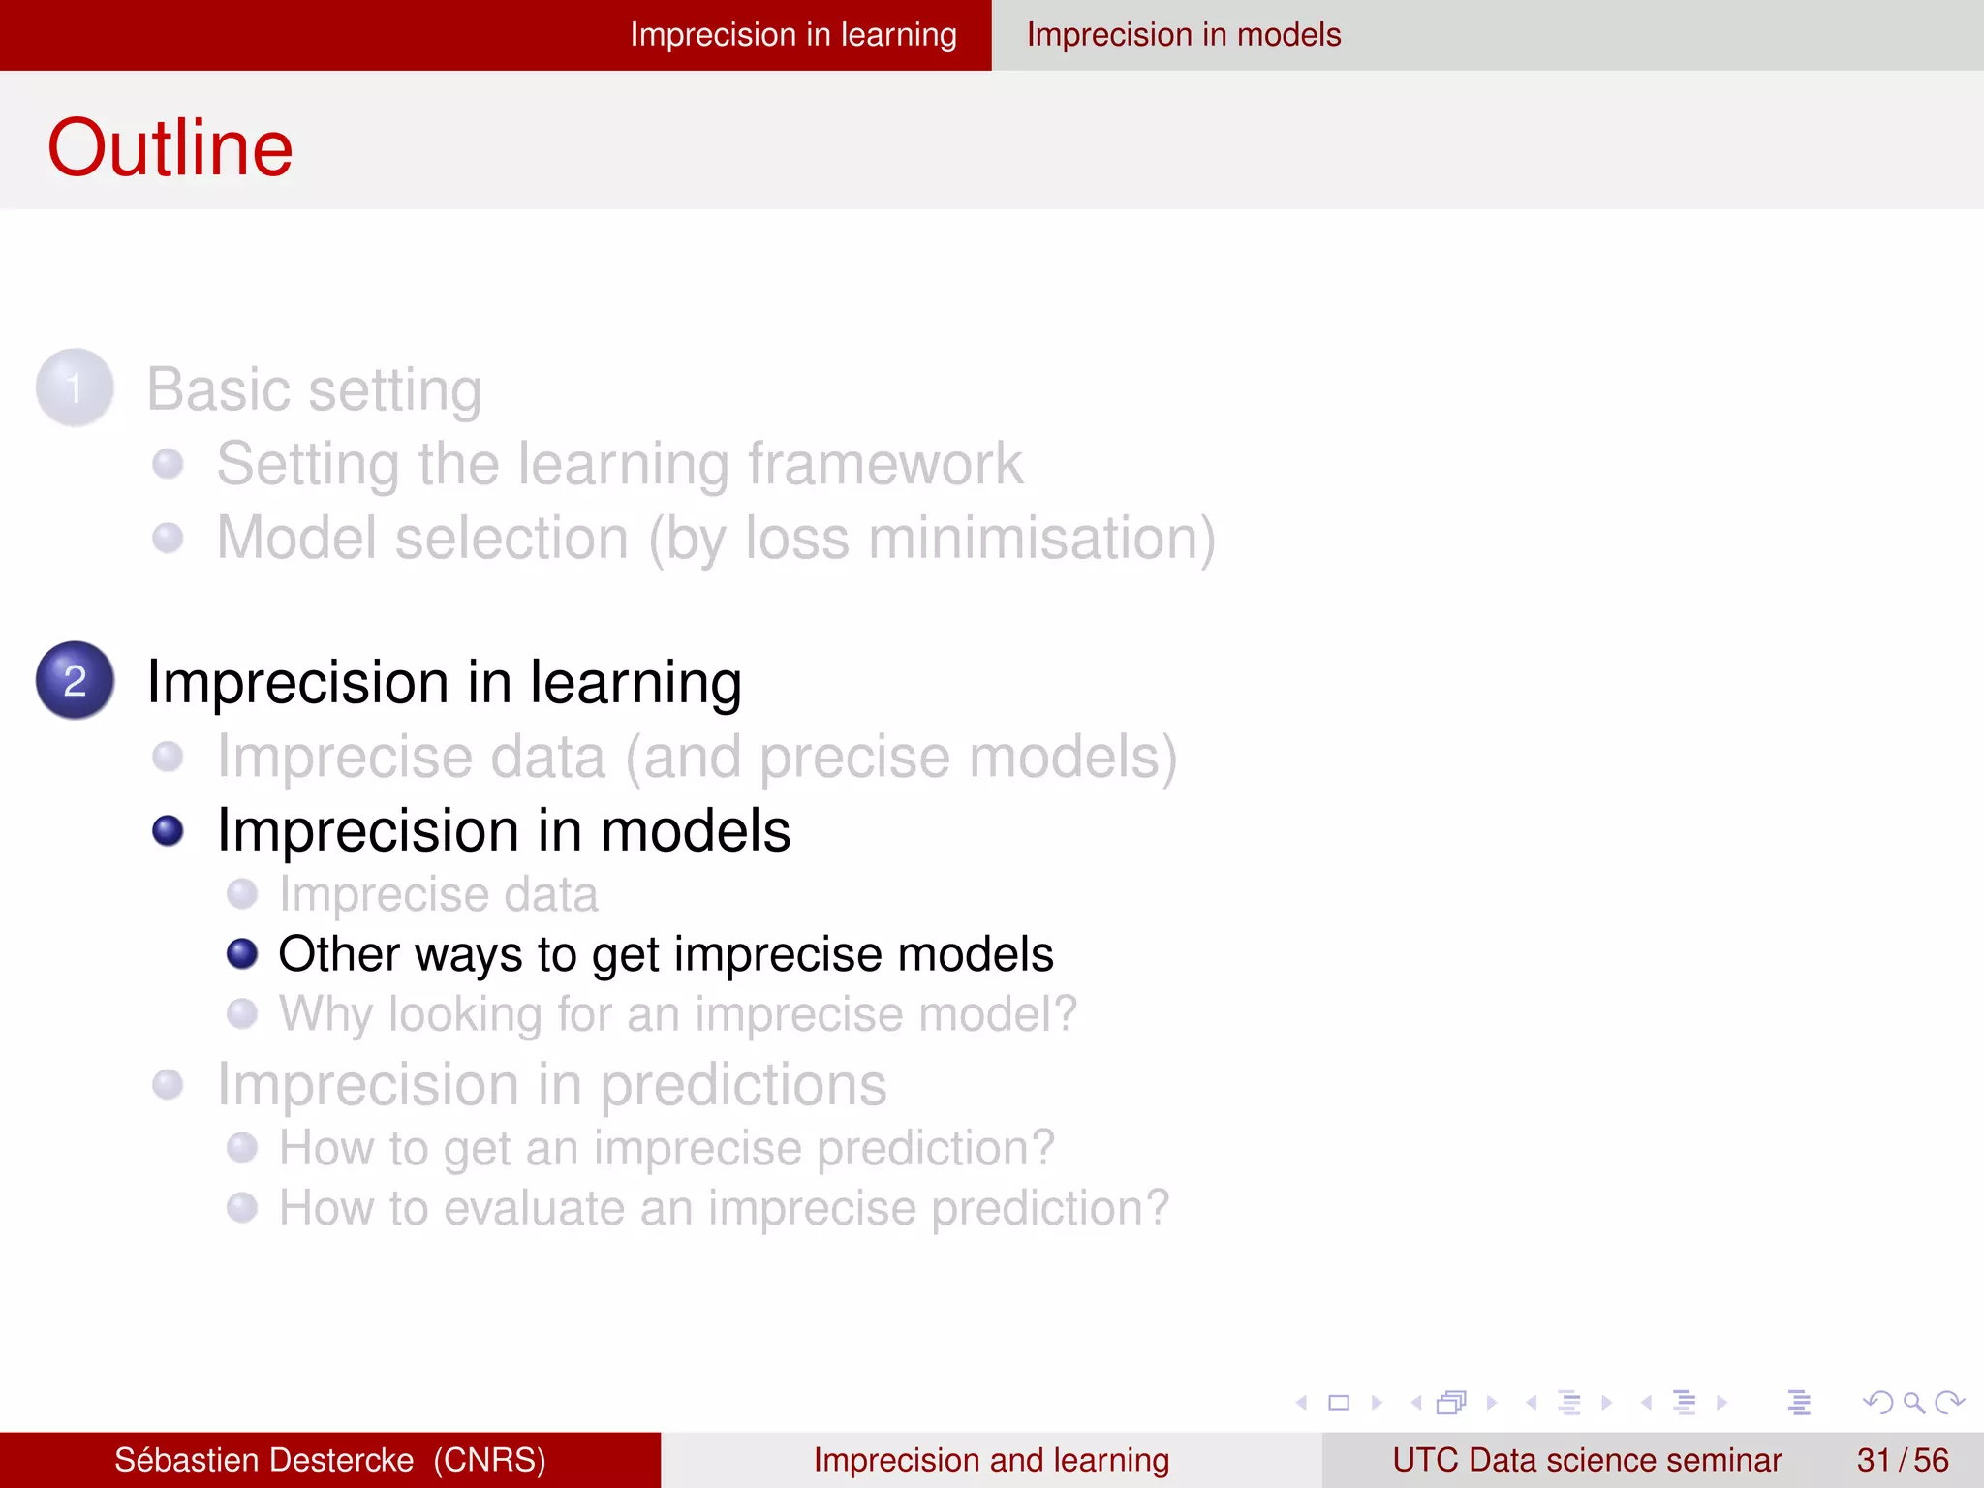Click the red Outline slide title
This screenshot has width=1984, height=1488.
[x=170, y=148]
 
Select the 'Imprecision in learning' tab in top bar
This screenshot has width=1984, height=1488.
[x=792, y=35]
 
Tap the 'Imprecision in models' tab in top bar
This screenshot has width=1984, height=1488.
[x=1183, y=35]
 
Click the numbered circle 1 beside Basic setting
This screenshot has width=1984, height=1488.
[x=75, y=387]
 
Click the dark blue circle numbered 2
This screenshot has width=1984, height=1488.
[x=75, y=680]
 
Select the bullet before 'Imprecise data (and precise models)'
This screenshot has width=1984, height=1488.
[x=168, y=757]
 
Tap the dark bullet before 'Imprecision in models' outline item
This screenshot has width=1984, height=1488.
[x=168, y=831]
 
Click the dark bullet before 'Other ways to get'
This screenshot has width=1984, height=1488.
[x=241, y=954]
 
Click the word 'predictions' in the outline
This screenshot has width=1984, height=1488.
[x=743, y=1085]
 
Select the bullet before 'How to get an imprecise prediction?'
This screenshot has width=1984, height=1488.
[x=241, y=1148]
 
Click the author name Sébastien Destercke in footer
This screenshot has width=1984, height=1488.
[x=263, y=1460]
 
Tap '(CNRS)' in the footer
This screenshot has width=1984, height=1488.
[x=489, y=1460]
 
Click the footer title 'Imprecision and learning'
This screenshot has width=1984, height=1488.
[x=991, y=1460]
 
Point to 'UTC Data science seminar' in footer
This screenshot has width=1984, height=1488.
[x=1586, y=1460]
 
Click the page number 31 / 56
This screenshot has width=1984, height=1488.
[x=1902, y=1460]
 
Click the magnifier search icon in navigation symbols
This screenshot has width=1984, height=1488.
[x=1913, y=1403]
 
